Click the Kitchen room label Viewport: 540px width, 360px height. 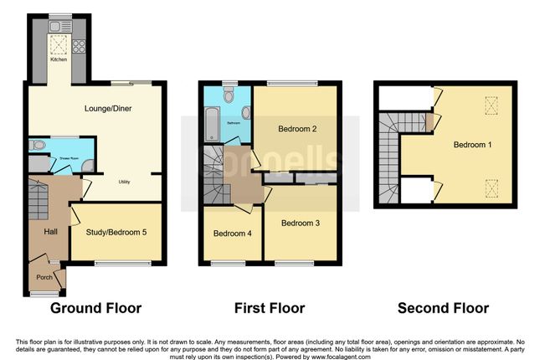pyautogui.click(x=59, y=59)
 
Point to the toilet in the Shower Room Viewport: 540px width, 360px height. pyautogui.click(x=37, y=145)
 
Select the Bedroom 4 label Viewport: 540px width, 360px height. pyautogui.click(x=232, y=233)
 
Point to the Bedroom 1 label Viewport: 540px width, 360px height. pyautogui.click(x=472, y=145)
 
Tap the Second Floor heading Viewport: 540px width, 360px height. pyautogui.click(x=443, y=308)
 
